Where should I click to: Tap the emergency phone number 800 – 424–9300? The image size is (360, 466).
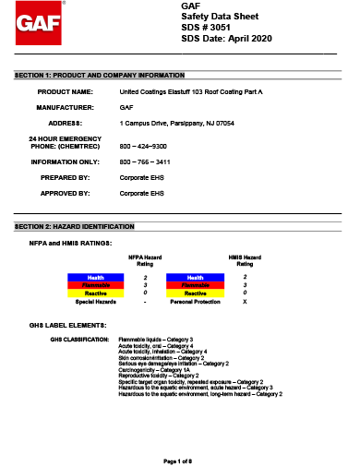(x=143, y=146)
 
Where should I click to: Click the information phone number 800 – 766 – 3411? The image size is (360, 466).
(x=143, y=161)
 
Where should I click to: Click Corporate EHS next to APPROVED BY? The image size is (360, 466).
(x=142, y=193)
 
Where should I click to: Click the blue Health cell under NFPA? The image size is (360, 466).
(x=95, y=277)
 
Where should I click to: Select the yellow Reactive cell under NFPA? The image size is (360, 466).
(x=95, y=293)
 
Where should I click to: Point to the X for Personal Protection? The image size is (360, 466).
(x=244, y=302)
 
